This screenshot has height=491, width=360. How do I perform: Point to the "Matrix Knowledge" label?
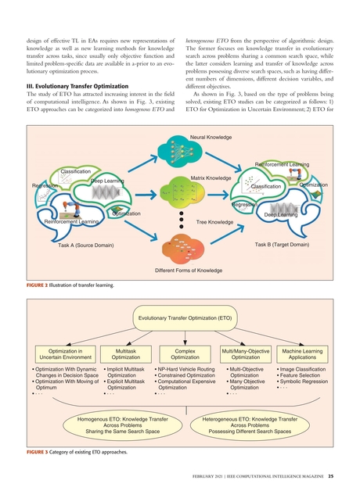pyautogui.click(x=211, y=178)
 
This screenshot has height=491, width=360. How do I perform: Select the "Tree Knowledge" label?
pyautogui.click(x=214, y=222)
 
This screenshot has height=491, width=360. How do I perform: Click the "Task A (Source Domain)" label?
pyautogui.click(x=86, y=245)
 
